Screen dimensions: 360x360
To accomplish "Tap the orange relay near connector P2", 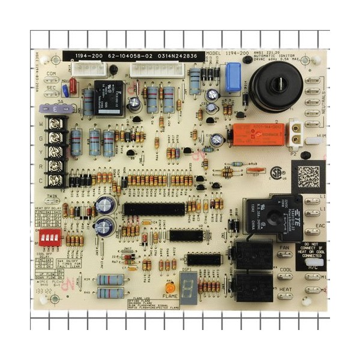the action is (x=258, y=137).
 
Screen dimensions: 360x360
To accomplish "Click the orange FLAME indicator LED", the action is (x=170, y=287).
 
